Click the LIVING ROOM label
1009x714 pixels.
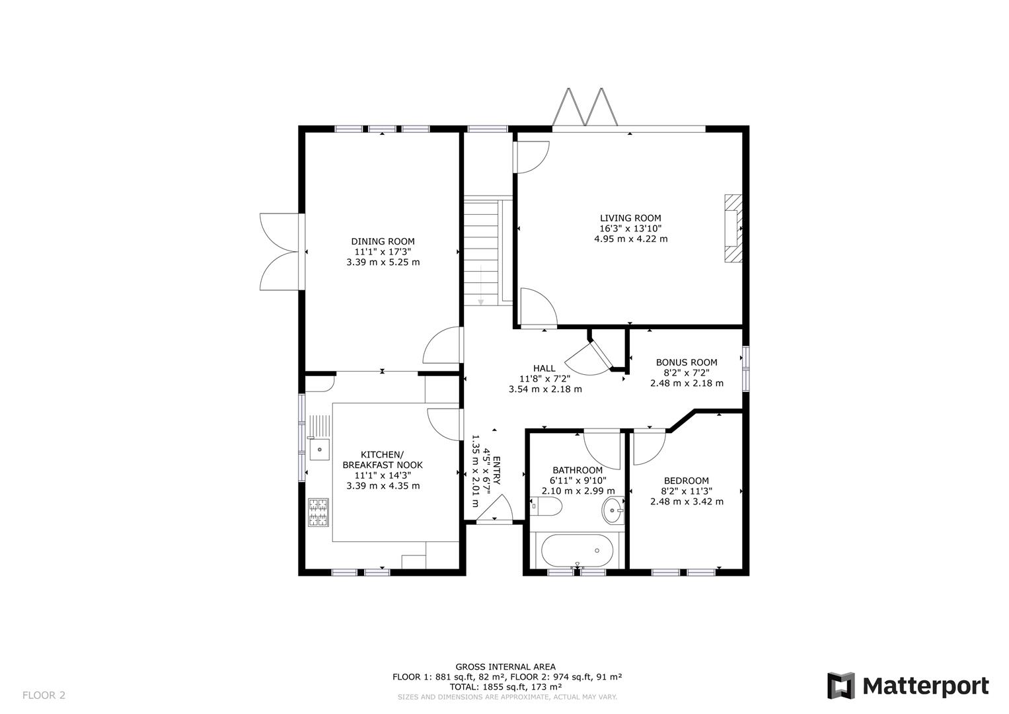pyautogui.click(x=630, y=218)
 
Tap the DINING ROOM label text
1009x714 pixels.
pyautogui.click(x=383, y=241)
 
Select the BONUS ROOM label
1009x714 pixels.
pyautogui.click(x=686, y=362)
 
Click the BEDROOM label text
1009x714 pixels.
pyautogui.click(x=686, y=481)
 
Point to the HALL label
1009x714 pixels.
pyautogui.click(x=544, y=368)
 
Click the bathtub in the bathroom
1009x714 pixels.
pyautogui.click(x=578, y=550)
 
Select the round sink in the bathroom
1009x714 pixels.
pyautogui.click(x=613, y=510)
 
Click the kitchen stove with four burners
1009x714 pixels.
pyautogui.click(x=318, y=512)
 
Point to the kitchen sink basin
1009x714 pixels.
pyautogui.click(x=319, y=450)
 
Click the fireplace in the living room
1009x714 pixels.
pyautogui.click(x=732, y=229)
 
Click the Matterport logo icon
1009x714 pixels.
pyautogui.click(x=841, y=686)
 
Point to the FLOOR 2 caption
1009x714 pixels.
pyautogui.click(x=44, y=695)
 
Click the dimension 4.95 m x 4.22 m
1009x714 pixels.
pyautogui.click(x=630, y=239)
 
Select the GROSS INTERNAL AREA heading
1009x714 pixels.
pyautogui.click(x=505, y=666)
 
